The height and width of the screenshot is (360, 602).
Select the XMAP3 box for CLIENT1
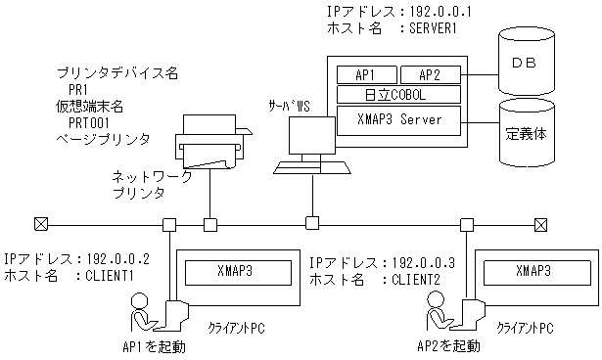(x=240, y=271)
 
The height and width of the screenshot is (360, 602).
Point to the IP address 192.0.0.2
(x=116, y=259)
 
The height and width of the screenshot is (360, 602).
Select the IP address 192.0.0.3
(x=424, y=263)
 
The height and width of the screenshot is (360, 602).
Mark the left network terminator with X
(x=40, y=224)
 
